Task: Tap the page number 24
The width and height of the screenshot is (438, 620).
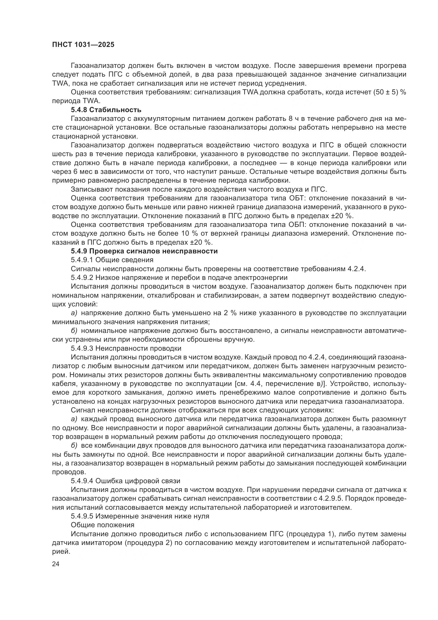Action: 56,564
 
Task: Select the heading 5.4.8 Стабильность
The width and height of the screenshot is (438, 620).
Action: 106,110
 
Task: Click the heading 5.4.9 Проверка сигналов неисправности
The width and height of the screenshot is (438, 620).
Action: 144,251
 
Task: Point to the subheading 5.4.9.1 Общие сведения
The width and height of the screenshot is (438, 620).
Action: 112,260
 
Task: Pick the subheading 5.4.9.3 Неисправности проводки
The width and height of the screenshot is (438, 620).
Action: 126,348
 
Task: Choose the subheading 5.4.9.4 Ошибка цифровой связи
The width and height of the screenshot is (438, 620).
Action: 126,481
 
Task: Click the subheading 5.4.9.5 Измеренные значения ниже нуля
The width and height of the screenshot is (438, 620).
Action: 140,516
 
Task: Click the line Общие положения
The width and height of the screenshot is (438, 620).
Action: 102,525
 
